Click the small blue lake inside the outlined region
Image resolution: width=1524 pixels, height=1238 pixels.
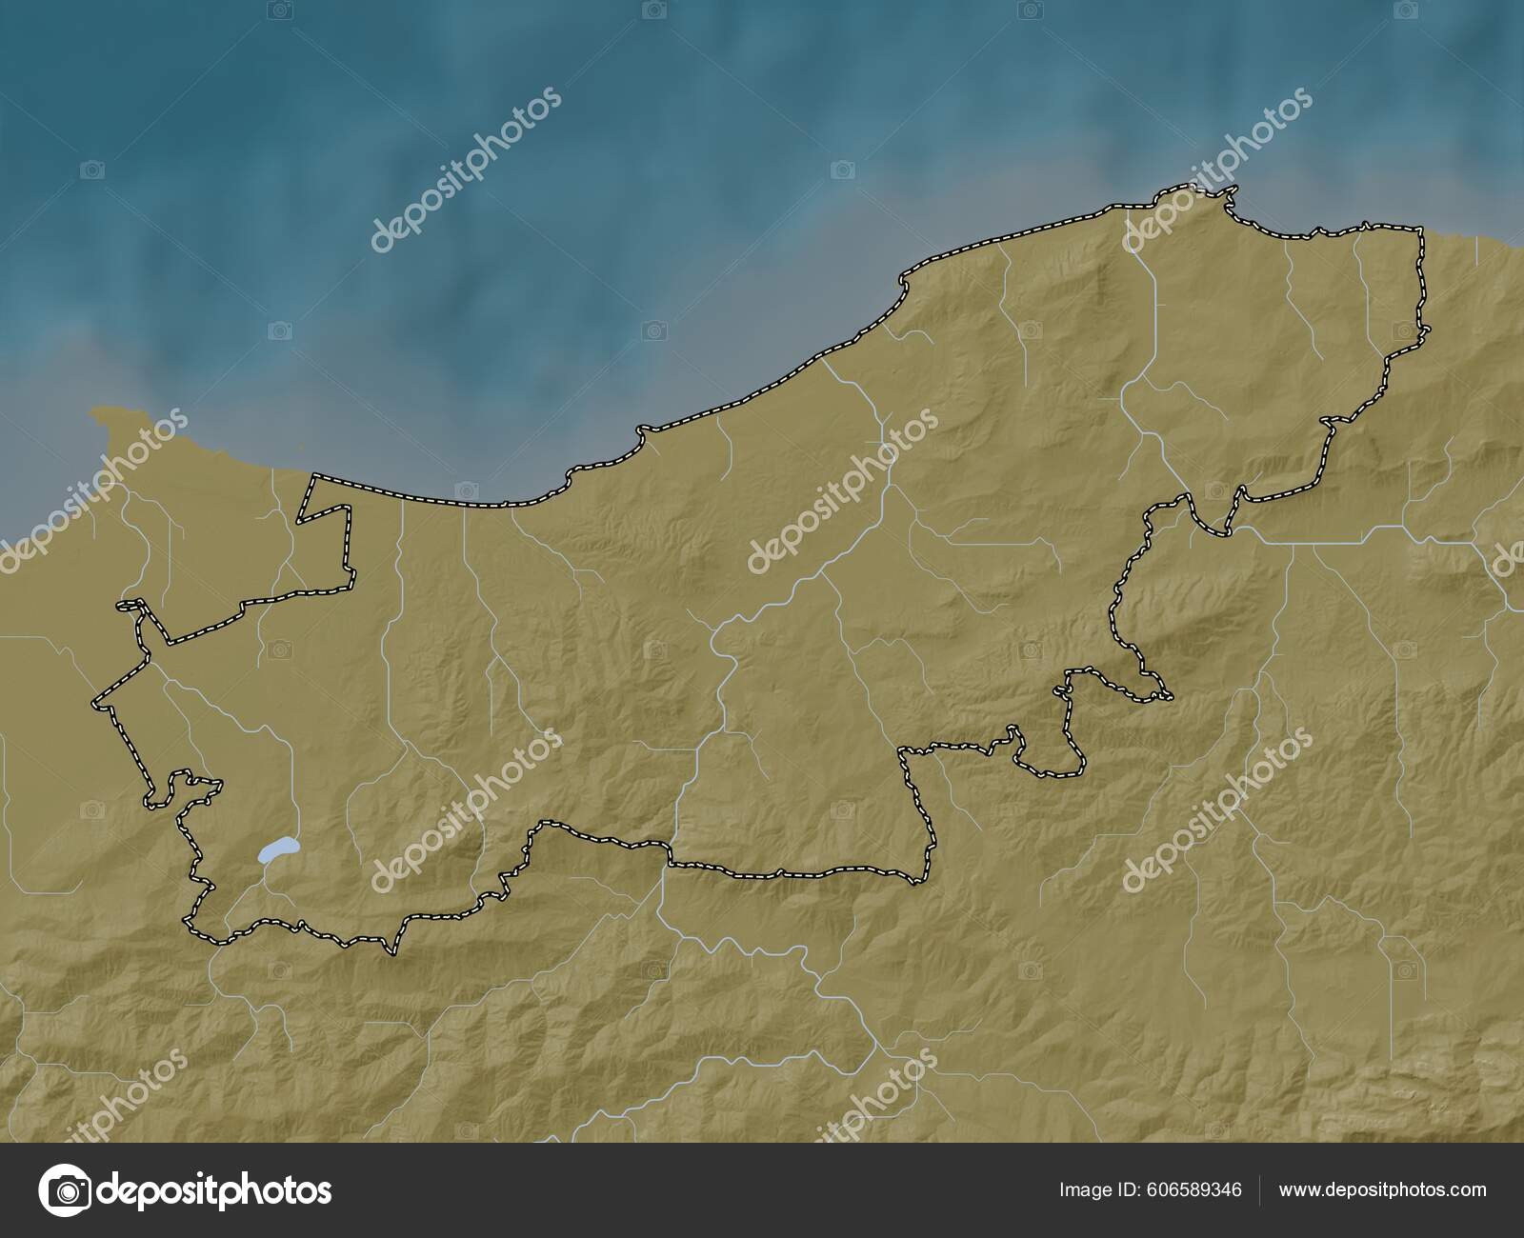click(277, 849)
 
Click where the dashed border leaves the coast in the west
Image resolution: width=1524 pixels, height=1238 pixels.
click(311, 475)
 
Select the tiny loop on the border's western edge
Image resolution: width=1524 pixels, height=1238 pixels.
click(132, 606)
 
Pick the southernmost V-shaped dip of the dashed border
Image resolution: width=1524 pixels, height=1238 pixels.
click(391, 949)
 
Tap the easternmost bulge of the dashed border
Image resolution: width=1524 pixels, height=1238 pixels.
click(1428, 329)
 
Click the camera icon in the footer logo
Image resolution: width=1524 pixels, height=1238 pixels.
click(65, 1190)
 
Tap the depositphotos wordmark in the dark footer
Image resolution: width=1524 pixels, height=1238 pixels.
click(214, 1190)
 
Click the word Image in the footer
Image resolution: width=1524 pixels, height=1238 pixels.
click(1085, 1189)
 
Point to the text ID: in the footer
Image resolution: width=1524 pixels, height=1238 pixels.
click(1133, 1189)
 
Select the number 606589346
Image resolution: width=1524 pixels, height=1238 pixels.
click(1195, 1189)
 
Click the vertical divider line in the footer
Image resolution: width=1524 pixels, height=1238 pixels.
click(1260, 1190)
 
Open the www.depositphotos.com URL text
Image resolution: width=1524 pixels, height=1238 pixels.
click(1382, 1189)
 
